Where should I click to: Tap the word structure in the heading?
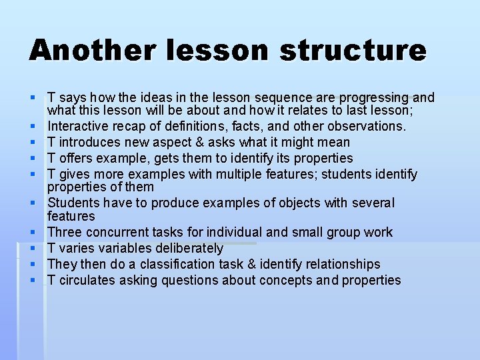353,51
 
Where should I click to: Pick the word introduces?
89,142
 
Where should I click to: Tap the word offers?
77,158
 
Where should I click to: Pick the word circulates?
88,280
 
